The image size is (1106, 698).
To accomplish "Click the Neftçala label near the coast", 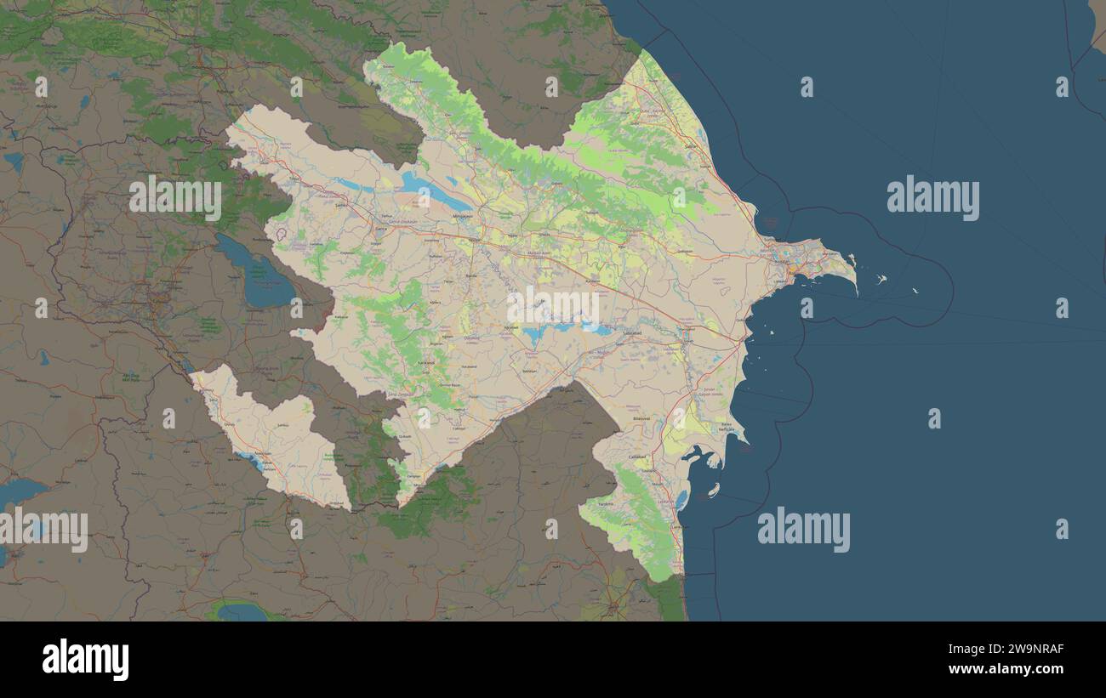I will pos(726,428).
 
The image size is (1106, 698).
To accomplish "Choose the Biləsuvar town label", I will pos(641,419).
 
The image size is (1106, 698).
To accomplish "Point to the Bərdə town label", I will pos(470,275).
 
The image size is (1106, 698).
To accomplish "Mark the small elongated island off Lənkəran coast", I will pos(713,491).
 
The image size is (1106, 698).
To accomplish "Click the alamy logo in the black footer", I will pos(85,660).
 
